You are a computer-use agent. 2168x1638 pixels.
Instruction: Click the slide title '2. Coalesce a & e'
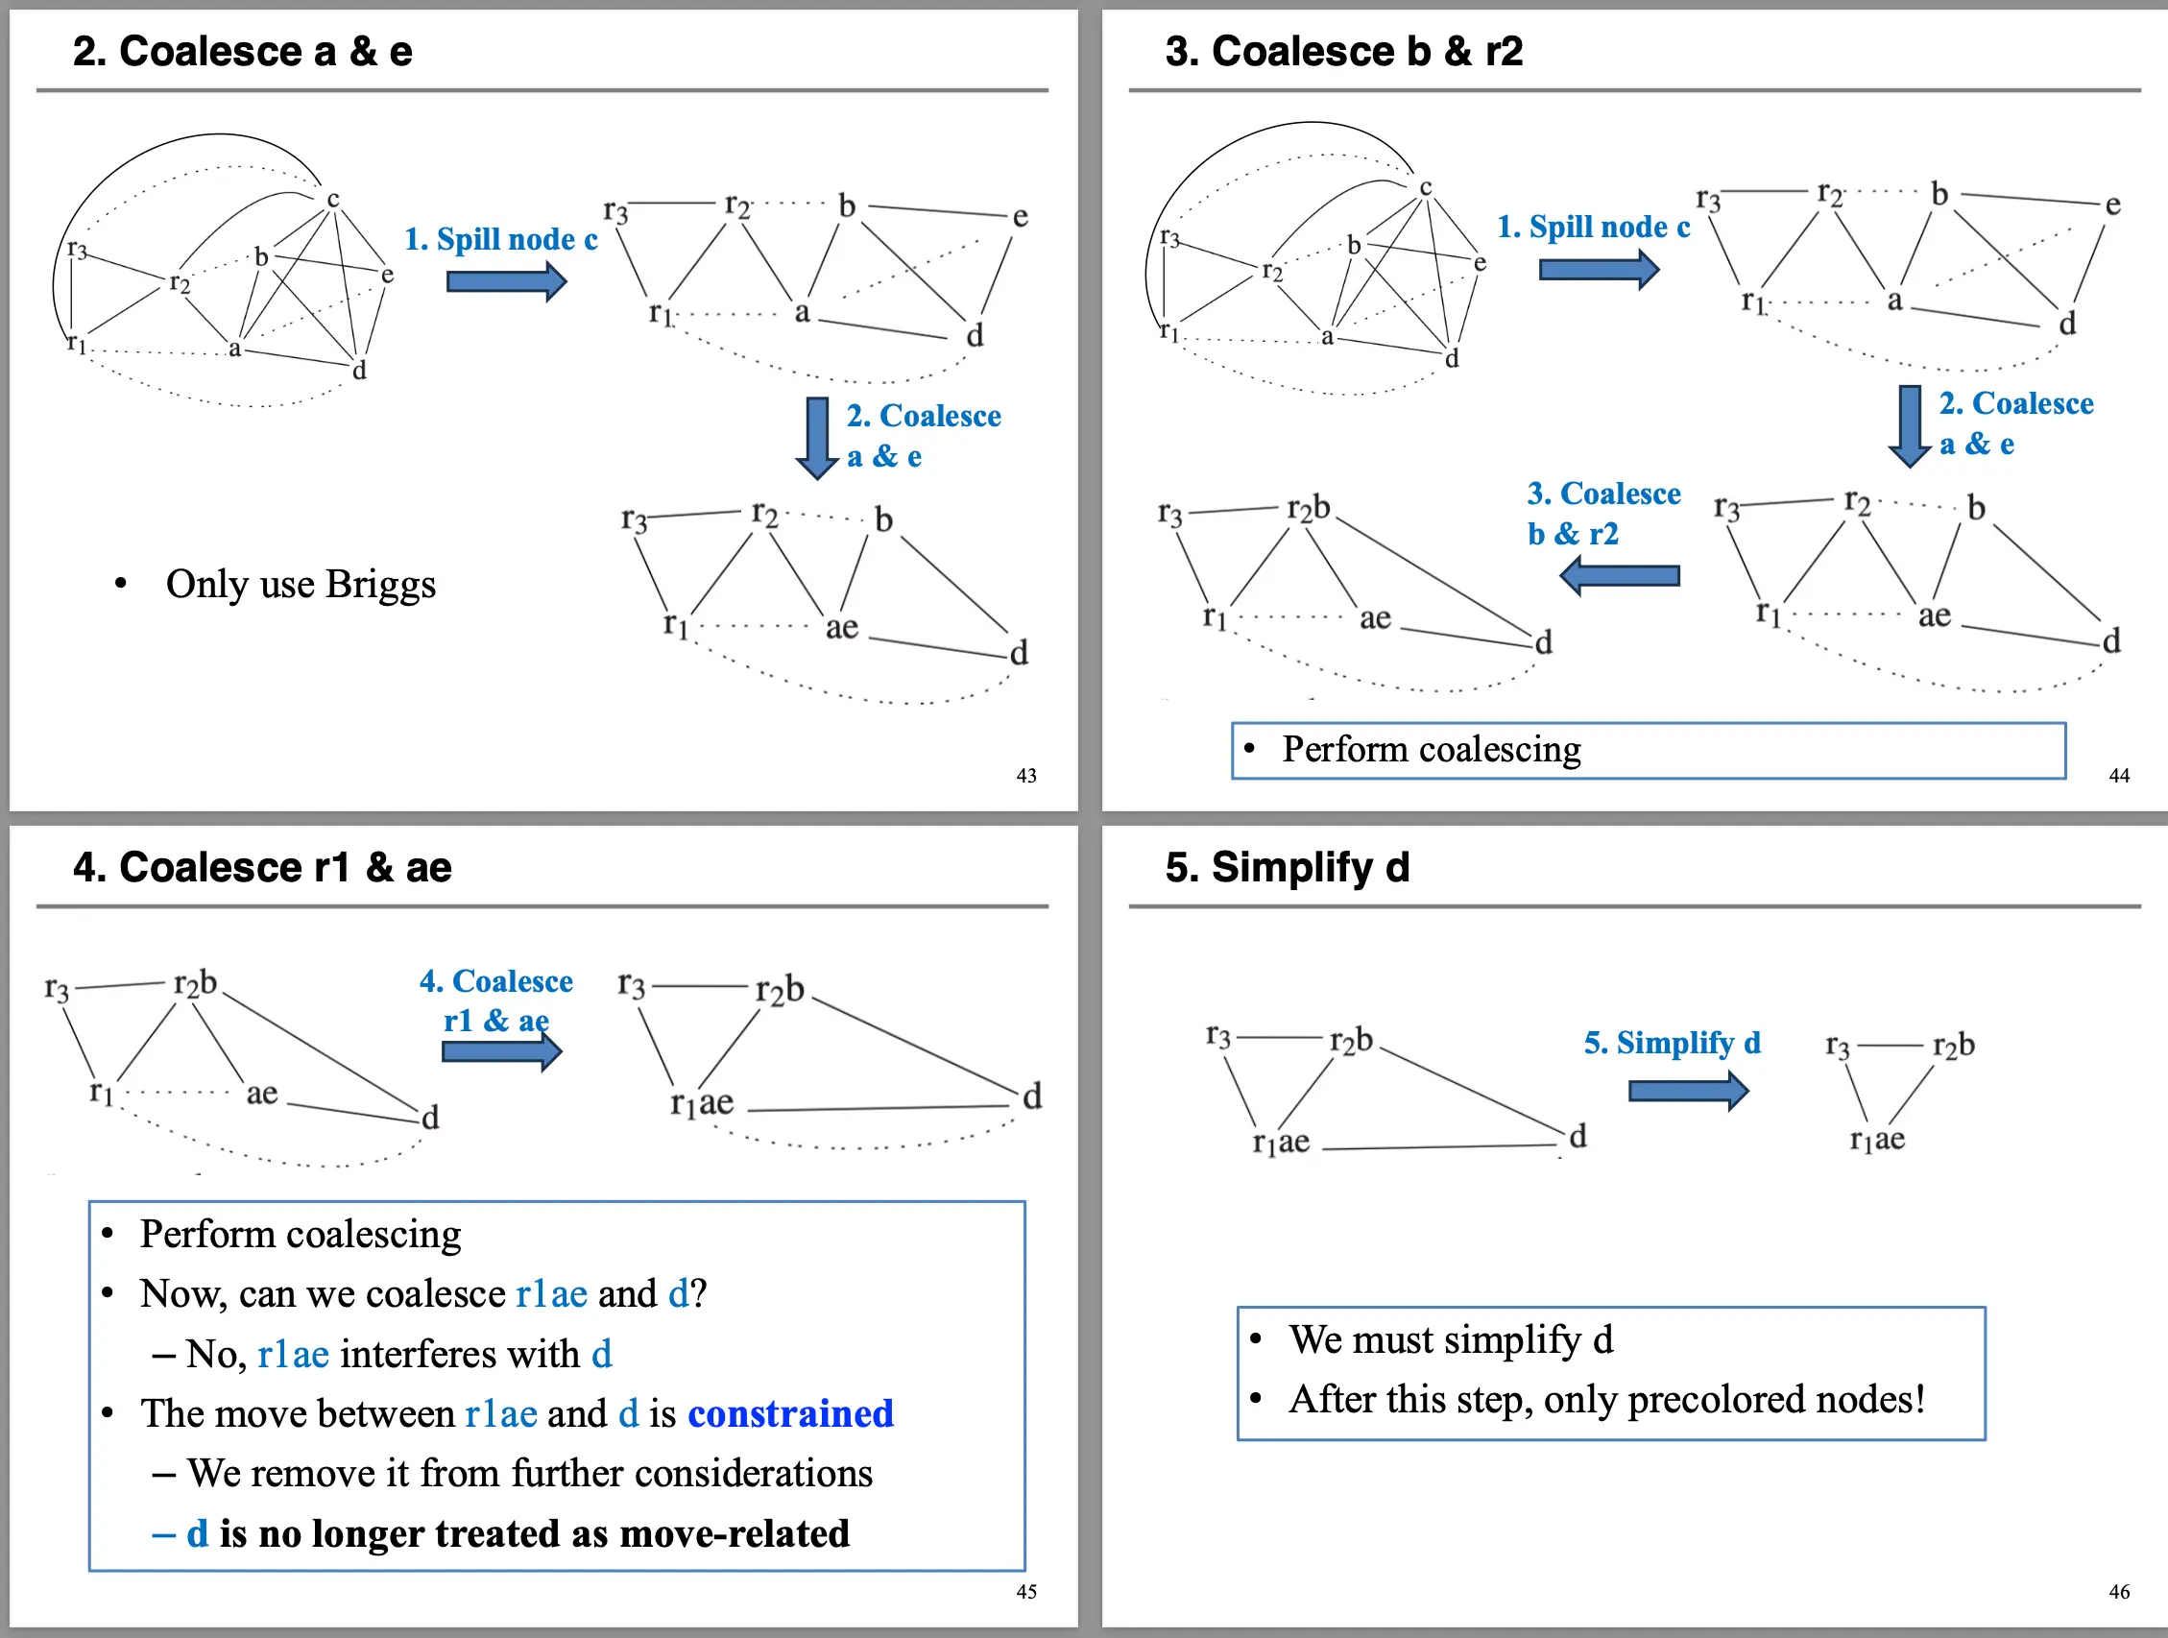click(242, 51)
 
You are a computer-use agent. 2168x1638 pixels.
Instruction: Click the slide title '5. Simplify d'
click(1286, 867)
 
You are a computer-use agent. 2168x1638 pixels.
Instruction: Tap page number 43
click(1025, 776)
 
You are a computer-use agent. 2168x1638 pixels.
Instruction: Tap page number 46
click(2118, 1591)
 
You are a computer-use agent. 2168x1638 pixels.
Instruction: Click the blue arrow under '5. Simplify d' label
click(1687, 1090)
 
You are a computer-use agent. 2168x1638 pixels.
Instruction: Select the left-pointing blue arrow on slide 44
click(1619, 575)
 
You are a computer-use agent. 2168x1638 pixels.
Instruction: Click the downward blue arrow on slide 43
click(816, 437)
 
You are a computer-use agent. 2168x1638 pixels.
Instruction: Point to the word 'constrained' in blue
click(790, 1413)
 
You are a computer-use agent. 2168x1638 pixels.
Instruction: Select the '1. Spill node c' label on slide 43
click(501, 239)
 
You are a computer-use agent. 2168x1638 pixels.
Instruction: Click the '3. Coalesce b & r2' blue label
click(1602, 513)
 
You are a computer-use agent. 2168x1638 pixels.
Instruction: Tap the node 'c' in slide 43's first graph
click(333, 199)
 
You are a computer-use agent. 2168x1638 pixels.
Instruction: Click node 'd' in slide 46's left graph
click(1577, 1136)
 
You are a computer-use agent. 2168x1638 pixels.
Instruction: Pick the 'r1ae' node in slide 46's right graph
click(1877, 1139)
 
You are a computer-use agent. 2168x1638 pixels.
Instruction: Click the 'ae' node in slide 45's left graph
click(262, 1093)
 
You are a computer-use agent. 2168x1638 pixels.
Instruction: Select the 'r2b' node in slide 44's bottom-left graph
click(1309, 508)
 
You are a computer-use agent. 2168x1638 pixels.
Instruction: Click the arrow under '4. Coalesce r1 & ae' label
click(501, 1051)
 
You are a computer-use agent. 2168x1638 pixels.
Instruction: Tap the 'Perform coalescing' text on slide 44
click(1431, 750)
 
